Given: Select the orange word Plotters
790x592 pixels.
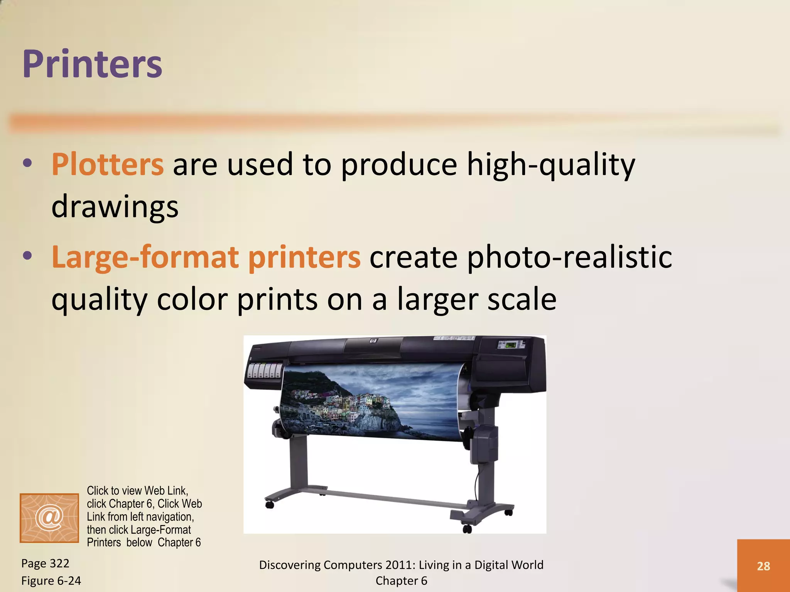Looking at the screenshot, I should pyautogui.click(x=108, y=165).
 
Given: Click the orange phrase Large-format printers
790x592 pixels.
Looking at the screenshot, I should pyautogui.click(x=206, y=257).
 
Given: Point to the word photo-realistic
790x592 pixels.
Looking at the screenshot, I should pyautogui.click(x=569, y=257).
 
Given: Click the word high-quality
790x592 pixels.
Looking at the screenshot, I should pyautogui.click(x=550, y=165).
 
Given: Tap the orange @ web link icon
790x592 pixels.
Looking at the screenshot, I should pyautogui.click(x=49, y=518).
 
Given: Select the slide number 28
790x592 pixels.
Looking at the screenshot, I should pyautogui.click(x=763, y=566).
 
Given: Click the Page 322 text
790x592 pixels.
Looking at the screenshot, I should pyautogui.click(x=45, y=563).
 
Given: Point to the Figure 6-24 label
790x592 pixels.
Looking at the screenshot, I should pyautogui.click(x=51, y=580).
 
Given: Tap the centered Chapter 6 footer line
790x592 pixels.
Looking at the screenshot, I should pyautogui.click(x=401, y=581).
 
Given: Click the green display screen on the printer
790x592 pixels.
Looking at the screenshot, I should pyautogui.click(x=512, y=344).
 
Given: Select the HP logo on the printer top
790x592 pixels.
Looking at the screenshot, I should pyautogui.click(x=373, y=341).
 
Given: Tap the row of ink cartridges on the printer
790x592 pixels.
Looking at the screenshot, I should pyautogui.click(x=265, y=370).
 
